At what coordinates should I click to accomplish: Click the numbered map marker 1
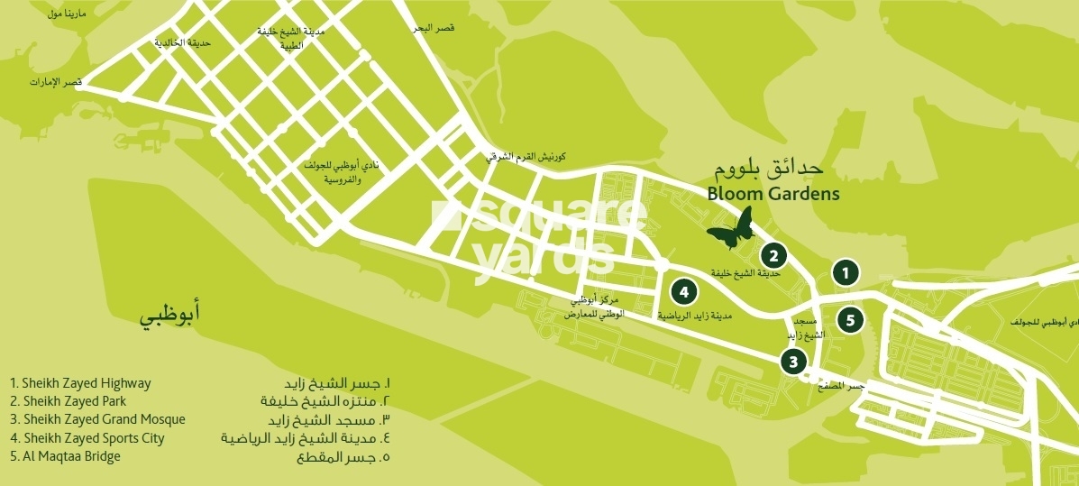coord(845,271)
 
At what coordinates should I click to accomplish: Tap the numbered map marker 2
coord(773,255)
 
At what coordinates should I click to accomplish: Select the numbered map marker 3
coord(792,362)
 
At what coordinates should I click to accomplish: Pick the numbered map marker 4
coord(684,291)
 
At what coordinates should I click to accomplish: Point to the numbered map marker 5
coord(850,318)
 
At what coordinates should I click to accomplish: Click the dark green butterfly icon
coord(731,229)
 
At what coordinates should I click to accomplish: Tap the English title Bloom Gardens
coord(773,194)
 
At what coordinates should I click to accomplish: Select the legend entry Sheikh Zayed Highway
coord(80,383)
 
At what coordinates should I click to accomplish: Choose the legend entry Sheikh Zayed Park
coord(68,401)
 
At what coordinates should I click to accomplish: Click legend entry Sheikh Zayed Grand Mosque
coord(97,419)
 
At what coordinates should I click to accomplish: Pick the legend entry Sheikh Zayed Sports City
coord(87,438)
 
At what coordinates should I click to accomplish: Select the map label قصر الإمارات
coord(55,83)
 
